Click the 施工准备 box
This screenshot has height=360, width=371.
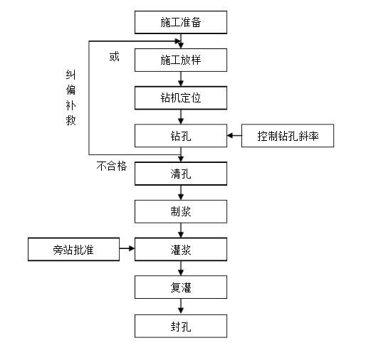[x=181, y=22]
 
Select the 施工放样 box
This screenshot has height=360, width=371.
[x=181, y=60]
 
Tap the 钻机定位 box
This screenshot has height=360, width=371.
[x=181, y=97]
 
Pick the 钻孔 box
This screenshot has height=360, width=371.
[x=181, y=135]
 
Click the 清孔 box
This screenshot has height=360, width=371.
[x=181, y=173]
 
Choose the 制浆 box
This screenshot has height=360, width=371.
[x=181, y=211]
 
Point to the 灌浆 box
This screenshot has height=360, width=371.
[x=181, y=249]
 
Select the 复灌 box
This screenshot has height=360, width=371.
[x=181, y=287]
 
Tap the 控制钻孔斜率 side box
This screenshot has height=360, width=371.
[x=287, y=135]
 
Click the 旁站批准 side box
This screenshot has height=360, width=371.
[x=73, y=249]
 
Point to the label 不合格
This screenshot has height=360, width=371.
[x=112, y=166]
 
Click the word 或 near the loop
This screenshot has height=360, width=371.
[x=114, y=57]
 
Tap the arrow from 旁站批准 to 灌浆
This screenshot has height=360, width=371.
[x=127, y=249]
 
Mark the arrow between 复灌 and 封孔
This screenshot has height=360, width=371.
[x=181, y=307]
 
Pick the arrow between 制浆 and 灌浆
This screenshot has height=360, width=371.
[x=181, y=230]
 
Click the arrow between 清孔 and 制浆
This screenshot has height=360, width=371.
[x=181, y=191]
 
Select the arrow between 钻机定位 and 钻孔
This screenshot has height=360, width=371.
[x=181, y=116]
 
